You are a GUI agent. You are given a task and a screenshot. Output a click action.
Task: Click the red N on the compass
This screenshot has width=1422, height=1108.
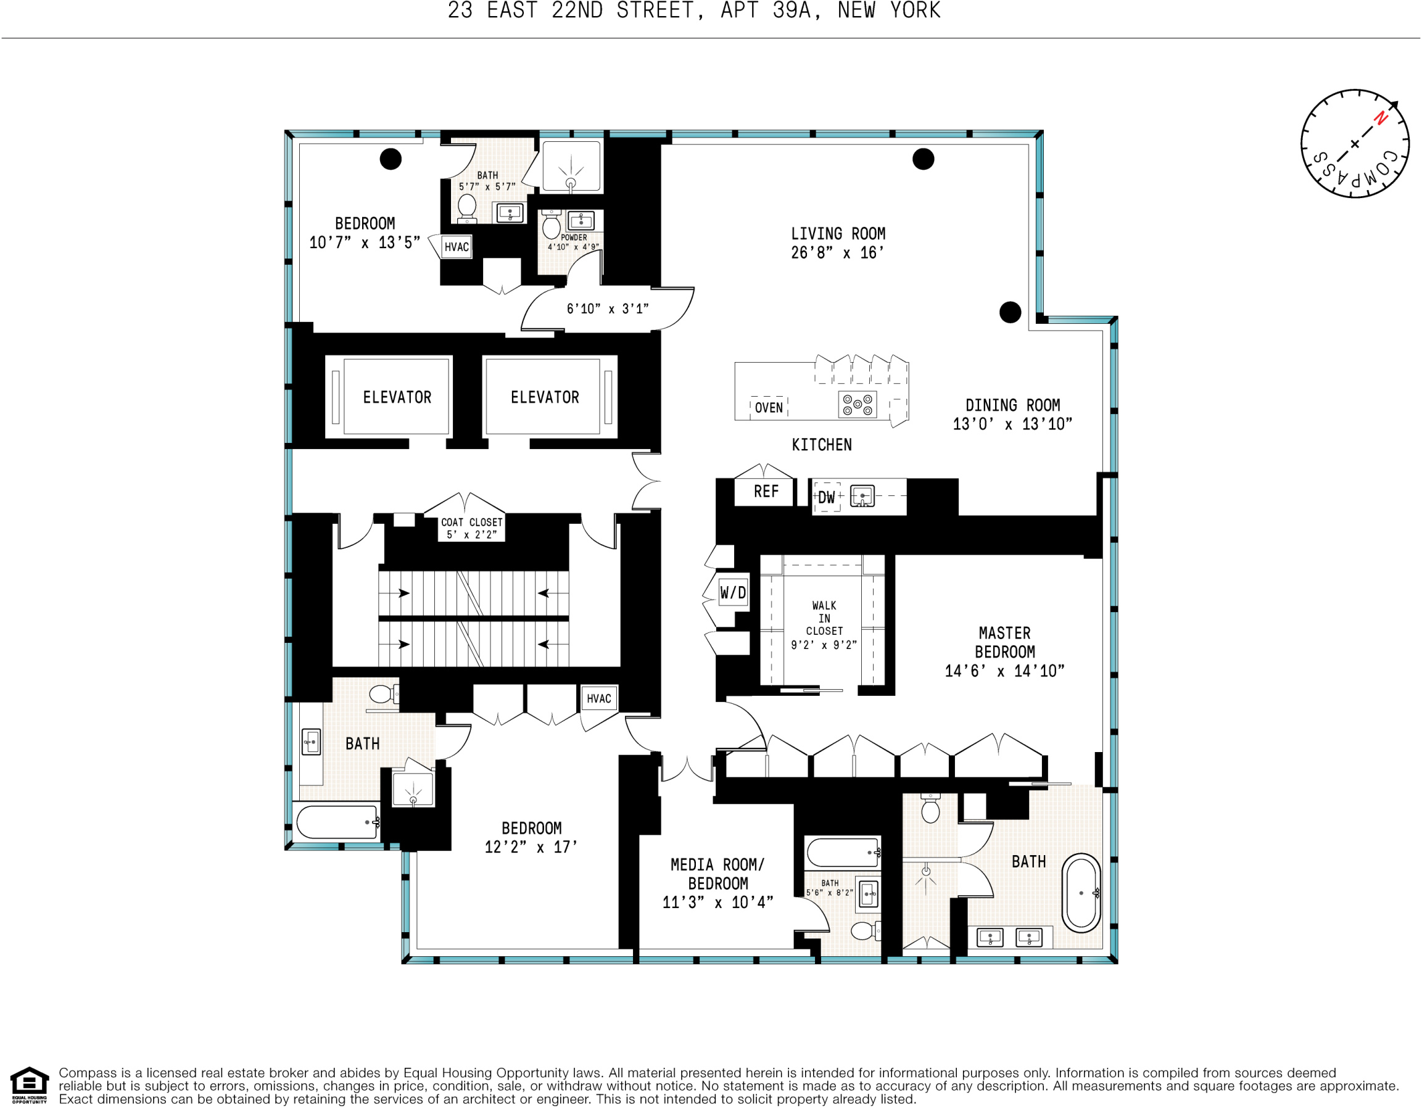tap(1380, 118)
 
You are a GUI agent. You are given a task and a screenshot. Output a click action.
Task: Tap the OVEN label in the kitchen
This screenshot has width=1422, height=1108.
tap(768, 408)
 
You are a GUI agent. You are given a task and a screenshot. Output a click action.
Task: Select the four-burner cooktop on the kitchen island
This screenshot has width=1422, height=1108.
tap(857, 404)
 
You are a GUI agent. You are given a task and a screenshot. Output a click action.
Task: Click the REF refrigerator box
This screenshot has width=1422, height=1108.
tap(765, 492)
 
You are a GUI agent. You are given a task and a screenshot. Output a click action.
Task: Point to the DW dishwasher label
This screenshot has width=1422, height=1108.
tap(825, 497)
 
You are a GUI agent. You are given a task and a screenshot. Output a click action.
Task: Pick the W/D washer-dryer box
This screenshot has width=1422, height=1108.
tap(732, 592)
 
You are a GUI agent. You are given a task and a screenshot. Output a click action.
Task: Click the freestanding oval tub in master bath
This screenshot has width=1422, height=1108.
tap(1081, 893)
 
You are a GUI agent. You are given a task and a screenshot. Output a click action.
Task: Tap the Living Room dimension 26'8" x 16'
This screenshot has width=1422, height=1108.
tap(837, 252)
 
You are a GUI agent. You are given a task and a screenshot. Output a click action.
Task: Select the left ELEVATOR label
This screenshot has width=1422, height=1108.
tap(397, 397)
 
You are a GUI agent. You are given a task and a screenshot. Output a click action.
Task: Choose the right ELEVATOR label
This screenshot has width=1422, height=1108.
tap(544, 397)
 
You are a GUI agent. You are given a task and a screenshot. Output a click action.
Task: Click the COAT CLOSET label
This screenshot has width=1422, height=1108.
tap(471, 527)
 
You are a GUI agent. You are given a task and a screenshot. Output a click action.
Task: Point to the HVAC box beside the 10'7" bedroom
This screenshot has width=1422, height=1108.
tap(456, 247)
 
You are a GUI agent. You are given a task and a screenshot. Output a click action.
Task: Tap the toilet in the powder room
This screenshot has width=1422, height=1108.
tap(551, 225)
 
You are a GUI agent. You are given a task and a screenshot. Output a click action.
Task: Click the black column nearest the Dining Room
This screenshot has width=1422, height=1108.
tap(1010, 312)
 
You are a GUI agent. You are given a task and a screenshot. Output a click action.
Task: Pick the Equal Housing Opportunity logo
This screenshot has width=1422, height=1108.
tap(29, 1085)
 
